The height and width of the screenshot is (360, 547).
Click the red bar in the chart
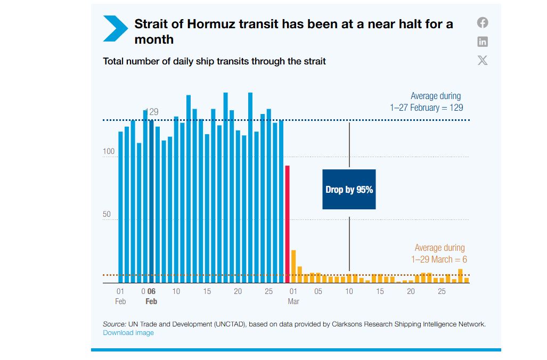click(287, 224)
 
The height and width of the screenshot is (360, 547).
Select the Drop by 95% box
click(349, 190)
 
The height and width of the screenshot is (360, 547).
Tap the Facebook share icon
click(483, 23)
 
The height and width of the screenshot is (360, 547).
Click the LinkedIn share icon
click(483, 42)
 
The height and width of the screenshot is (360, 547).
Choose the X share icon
click(483, 60)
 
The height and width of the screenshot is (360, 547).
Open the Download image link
click(128, 333)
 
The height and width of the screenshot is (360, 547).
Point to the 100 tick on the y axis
click(109, 152)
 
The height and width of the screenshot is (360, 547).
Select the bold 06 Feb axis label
click(151, 296)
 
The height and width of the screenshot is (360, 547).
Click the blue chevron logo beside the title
click(116, 28)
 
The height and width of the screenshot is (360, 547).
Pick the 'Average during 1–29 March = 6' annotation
click(439, 253)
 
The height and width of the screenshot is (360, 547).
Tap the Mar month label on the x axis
click(293, 301)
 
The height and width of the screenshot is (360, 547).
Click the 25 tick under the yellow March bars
click(442, 291)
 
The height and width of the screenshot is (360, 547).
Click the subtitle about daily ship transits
click(214, 61)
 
